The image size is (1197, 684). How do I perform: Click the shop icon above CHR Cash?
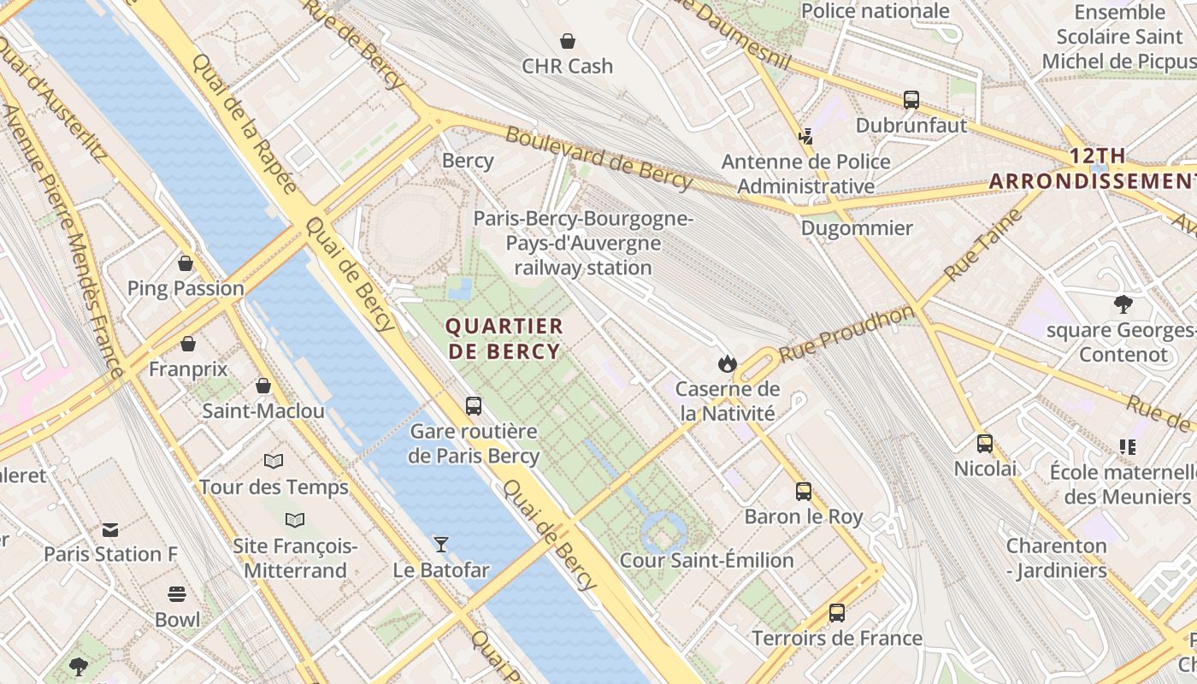(567, 40)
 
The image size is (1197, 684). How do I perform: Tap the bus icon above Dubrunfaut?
(911, 99)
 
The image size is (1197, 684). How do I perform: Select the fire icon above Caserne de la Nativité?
(727, 364)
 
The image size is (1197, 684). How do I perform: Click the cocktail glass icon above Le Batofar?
(441, 544)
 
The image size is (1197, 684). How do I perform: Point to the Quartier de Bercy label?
(504, 339)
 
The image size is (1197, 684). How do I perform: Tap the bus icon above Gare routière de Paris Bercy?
(474, 405)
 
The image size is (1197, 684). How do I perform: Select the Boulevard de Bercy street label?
(598, 157)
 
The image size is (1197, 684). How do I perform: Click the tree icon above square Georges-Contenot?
(1123, 304)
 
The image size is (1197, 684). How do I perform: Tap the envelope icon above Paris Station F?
(110, 529)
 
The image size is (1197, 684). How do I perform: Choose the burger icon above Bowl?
(177, 594)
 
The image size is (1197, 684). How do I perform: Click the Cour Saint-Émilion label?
(706, 560)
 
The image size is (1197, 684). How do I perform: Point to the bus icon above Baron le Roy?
(804, 491)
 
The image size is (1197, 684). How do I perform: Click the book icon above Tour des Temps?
(274, 462)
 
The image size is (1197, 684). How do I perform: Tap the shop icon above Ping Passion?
(186, 263)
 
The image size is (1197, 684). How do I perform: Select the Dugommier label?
(857, 228)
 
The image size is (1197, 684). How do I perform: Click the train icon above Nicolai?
(985, 443)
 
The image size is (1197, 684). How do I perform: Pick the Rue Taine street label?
(982, 245)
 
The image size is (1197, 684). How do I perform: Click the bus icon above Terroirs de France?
(837, 612)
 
